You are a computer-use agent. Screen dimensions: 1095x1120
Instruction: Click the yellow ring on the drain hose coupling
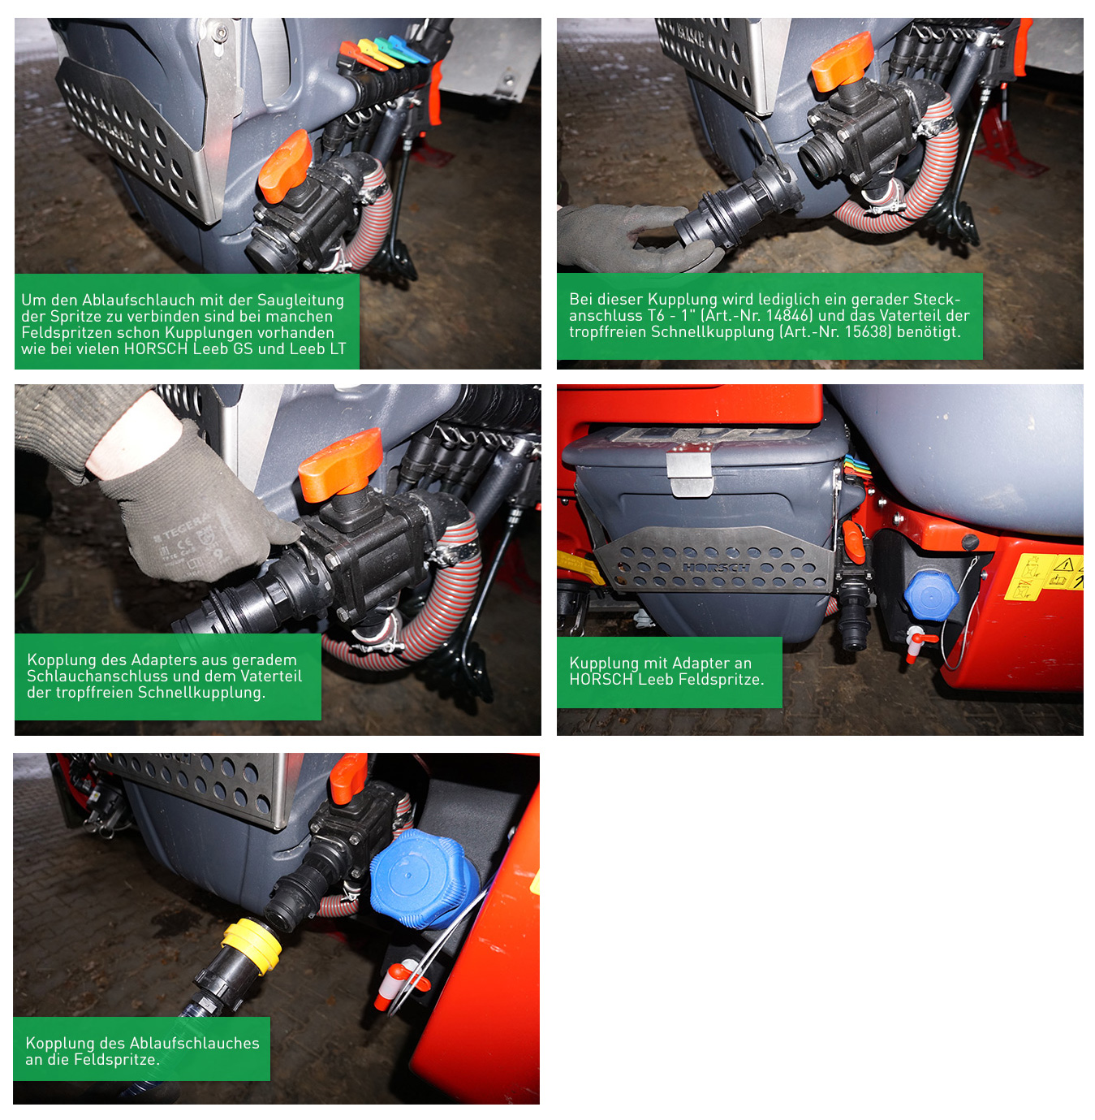click(x=252, y=945)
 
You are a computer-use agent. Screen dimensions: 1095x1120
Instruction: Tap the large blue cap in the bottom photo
click(x=424, y=878)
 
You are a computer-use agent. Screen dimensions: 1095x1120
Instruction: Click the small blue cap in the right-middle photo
click(x=932, y=595)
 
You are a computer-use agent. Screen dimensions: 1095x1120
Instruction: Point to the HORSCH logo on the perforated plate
click(x=716, y=568)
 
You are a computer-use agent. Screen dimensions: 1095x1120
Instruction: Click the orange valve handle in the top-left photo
click(x=285, y=166)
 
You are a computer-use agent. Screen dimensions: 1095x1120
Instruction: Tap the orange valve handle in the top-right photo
click(x=842, y=60)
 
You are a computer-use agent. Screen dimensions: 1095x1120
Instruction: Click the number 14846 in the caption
click(x=790, y=315)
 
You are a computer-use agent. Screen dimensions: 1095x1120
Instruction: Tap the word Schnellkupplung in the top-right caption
click(x=713, y=331)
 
